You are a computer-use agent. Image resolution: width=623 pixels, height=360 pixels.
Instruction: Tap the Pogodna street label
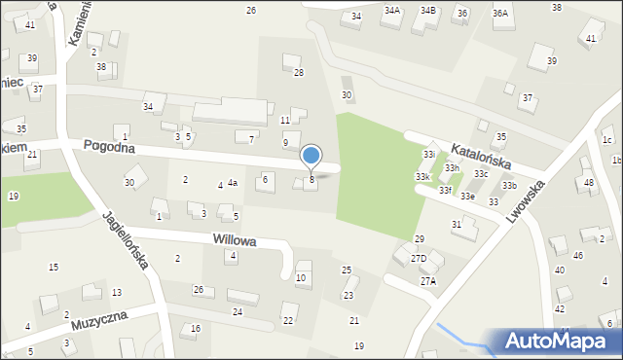(x=108, y=145)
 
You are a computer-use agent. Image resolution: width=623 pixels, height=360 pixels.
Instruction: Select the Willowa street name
(x=235, y=239)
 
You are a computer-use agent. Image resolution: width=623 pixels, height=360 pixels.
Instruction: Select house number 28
(x=299, y=73)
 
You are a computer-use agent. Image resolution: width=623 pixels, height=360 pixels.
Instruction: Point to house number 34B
(x=427, y=11)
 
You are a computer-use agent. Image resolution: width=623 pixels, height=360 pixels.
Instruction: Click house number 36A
(x=500, y=13)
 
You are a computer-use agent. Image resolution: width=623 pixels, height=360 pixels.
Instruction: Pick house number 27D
(x=419, y=258)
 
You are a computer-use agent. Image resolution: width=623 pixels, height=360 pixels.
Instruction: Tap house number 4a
(x=233, y=183)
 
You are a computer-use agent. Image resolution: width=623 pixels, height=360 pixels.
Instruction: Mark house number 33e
(x=467, y=197)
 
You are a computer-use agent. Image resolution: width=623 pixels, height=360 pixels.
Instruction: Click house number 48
(x=588, y=183)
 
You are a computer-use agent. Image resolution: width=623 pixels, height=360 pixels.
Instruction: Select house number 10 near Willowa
(x=301, y=278)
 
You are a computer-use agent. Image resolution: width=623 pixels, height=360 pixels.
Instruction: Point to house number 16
(x=195, y=329)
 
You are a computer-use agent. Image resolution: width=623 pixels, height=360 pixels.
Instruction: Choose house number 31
(x=456, y=224)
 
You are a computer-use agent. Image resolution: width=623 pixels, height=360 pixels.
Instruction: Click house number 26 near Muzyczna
(x=198, y=290)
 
